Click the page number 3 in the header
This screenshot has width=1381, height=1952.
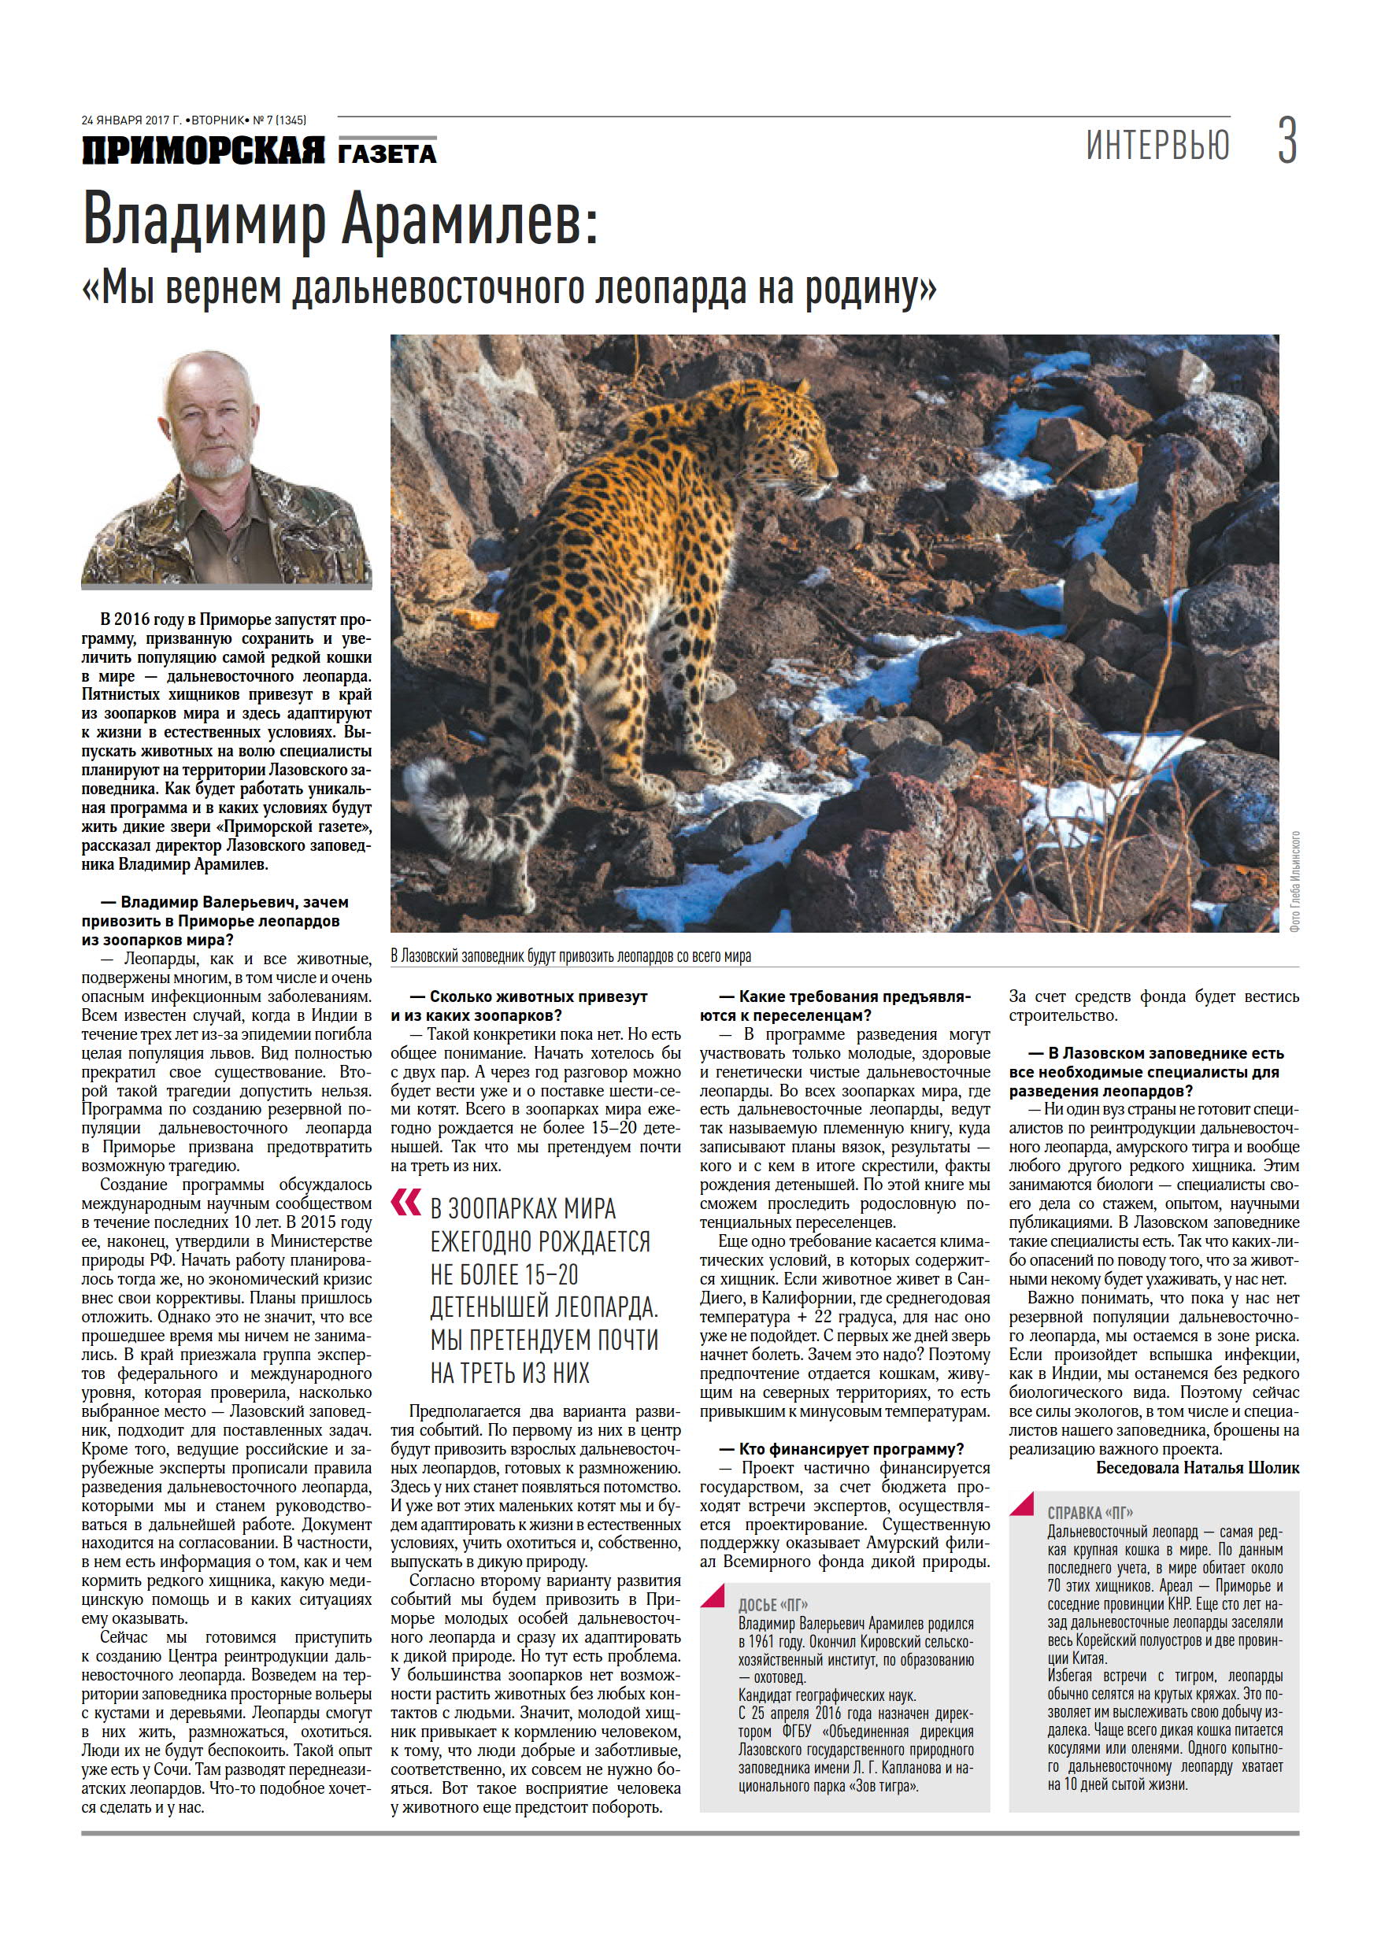pos(1287,142)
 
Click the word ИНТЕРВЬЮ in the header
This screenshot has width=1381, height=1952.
pos(1157,146)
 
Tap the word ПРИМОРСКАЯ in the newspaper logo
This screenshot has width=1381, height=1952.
pos(203,151)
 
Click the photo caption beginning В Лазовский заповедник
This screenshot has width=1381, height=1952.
pos(571,956)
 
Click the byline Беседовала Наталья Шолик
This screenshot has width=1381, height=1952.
pos(1197,1467)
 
